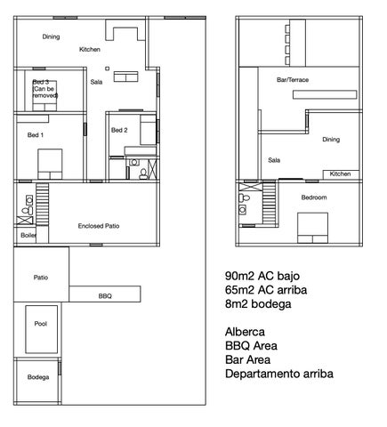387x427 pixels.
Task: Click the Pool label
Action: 41,324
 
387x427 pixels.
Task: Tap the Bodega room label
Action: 38,377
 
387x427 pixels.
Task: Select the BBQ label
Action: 105,296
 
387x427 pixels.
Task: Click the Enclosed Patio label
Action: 99,226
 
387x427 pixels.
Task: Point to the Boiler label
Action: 28,235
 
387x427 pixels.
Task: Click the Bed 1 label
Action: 36,135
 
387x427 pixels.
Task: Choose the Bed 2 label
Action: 119,130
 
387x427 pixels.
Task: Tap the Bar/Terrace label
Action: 293,80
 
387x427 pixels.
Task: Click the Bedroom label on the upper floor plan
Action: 314,197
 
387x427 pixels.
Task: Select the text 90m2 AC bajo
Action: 262,276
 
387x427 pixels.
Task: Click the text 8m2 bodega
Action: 258,304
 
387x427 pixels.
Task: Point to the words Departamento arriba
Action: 279,374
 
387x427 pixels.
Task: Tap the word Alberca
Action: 245,332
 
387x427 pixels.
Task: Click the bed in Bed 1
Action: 50,164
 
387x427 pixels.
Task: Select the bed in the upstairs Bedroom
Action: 313,228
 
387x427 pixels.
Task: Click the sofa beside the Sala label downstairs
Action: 126,77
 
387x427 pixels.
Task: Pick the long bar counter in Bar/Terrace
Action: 325,94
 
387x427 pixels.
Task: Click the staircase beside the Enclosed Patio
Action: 43,205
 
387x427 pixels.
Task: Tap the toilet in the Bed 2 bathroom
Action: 143,174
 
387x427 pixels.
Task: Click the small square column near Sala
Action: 107,68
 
